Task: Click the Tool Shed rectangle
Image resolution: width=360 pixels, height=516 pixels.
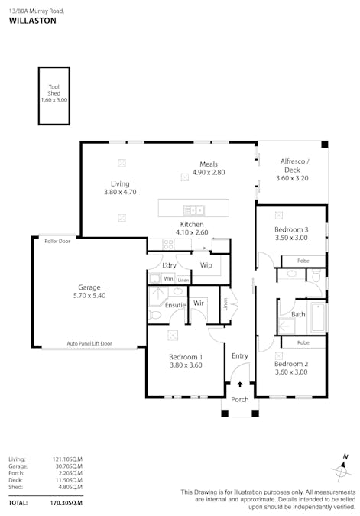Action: [x=54, y=95]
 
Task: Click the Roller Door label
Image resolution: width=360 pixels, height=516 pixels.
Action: [x=57, y=240]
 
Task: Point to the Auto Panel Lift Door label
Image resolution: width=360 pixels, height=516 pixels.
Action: [x=89, y=344]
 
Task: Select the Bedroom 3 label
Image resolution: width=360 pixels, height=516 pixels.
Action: [x=291, y=229]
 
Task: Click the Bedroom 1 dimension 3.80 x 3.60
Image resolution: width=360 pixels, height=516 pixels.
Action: [x=186, y=365]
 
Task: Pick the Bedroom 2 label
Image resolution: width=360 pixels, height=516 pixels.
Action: [x=291, y=364]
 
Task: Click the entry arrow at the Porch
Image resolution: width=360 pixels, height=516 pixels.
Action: [x=241, y=385]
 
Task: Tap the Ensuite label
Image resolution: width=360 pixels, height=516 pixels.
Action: [x=175, y=305]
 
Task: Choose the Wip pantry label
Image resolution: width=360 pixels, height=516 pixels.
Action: [x=206, y=265]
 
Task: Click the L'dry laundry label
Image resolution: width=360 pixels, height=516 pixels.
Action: [x=170, y=265]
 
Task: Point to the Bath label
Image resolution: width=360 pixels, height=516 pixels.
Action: [x=298, y=314]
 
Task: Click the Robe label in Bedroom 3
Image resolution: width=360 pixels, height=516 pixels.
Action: [x=303, y=261]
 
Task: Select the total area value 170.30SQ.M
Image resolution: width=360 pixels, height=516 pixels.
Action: [x=67, y=503]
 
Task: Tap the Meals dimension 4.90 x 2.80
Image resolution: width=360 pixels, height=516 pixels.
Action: [x=209, y=173]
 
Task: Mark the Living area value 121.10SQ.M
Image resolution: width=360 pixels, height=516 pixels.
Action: [x=67, y=459]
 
